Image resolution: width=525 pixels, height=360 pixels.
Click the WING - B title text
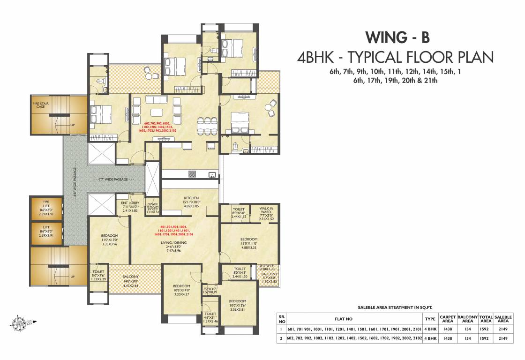pyautogui.click(x=397, y=37)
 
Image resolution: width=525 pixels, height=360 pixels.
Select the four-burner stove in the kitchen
pyautogui.click(x=192, y=174)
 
